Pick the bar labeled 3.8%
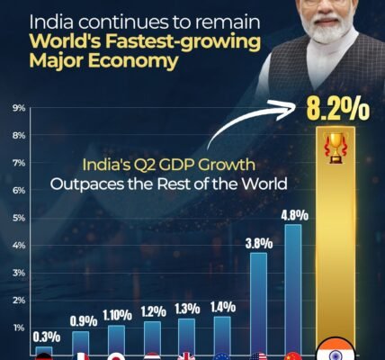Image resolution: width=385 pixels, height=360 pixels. pos(258,301)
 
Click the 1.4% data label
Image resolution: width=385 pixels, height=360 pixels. pos(221,307)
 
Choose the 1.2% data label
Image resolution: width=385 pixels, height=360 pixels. pos(153,311)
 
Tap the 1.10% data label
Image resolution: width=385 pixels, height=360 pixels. pos(117,315)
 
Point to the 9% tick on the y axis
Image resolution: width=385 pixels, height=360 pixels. pos(18,108)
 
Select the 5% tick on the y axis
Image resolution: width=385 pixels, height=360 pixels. pos(18,218)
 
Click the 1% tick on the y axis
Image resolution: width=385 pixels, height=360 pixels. pos(18,328)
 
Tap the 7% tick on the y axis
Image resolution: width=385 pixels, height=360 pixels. pos(18,163)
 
